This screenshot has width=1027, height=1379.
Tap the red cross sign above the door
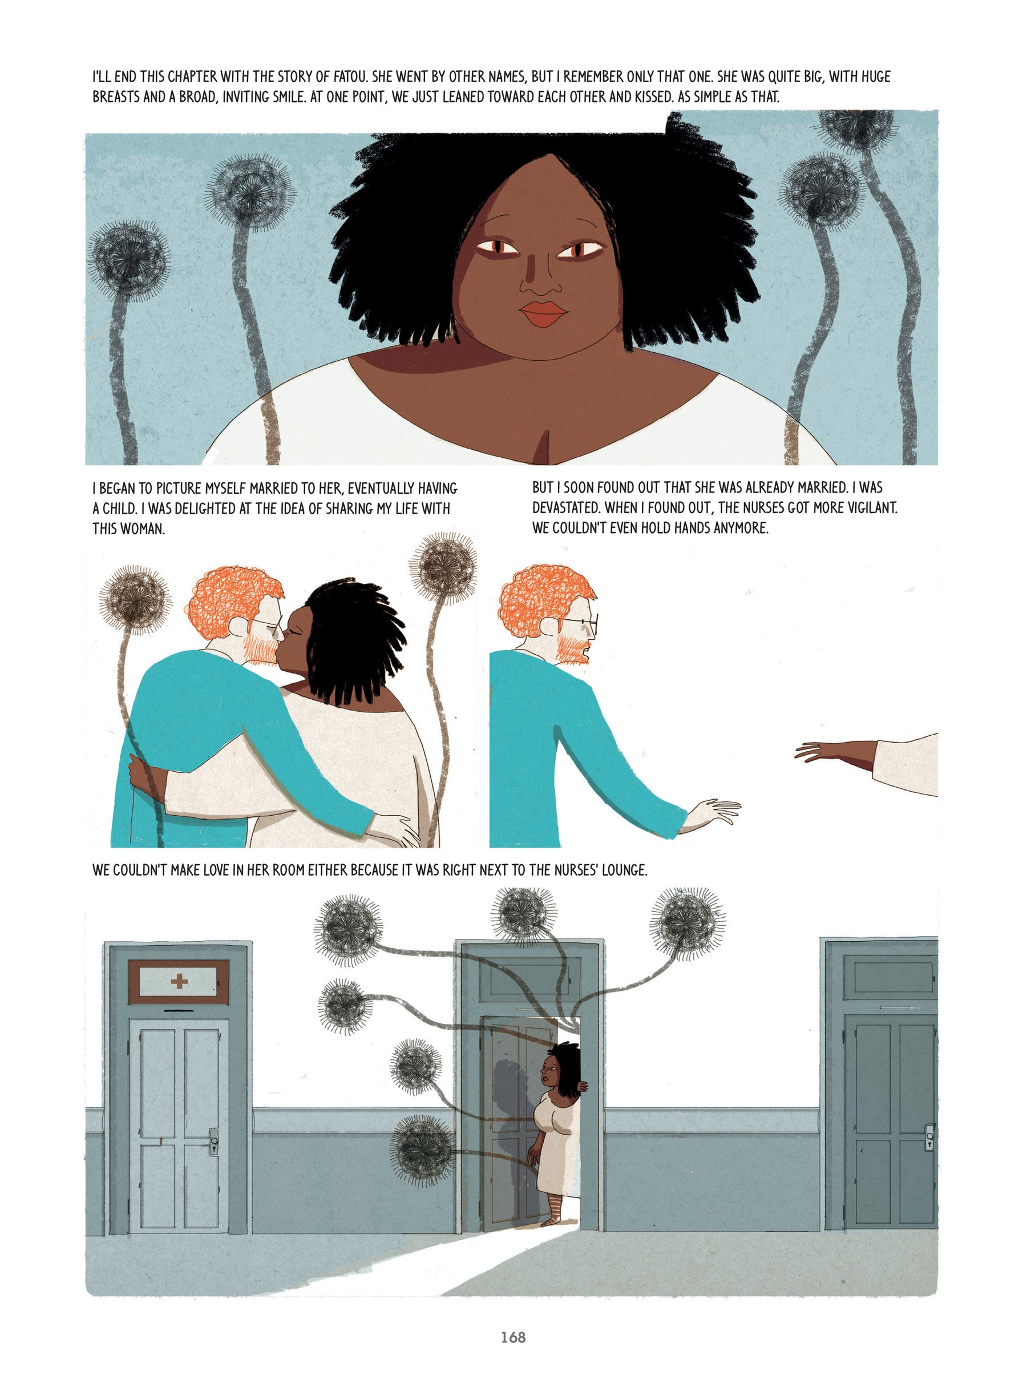pyautogui.click(x=179, y=982)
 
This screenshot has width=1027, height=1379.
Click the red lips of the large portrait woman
pyautogui.click(x=543, y=314)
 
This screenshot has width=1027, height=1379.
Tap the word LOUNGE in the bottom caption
pyautogui.click(x=624, y=870)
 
